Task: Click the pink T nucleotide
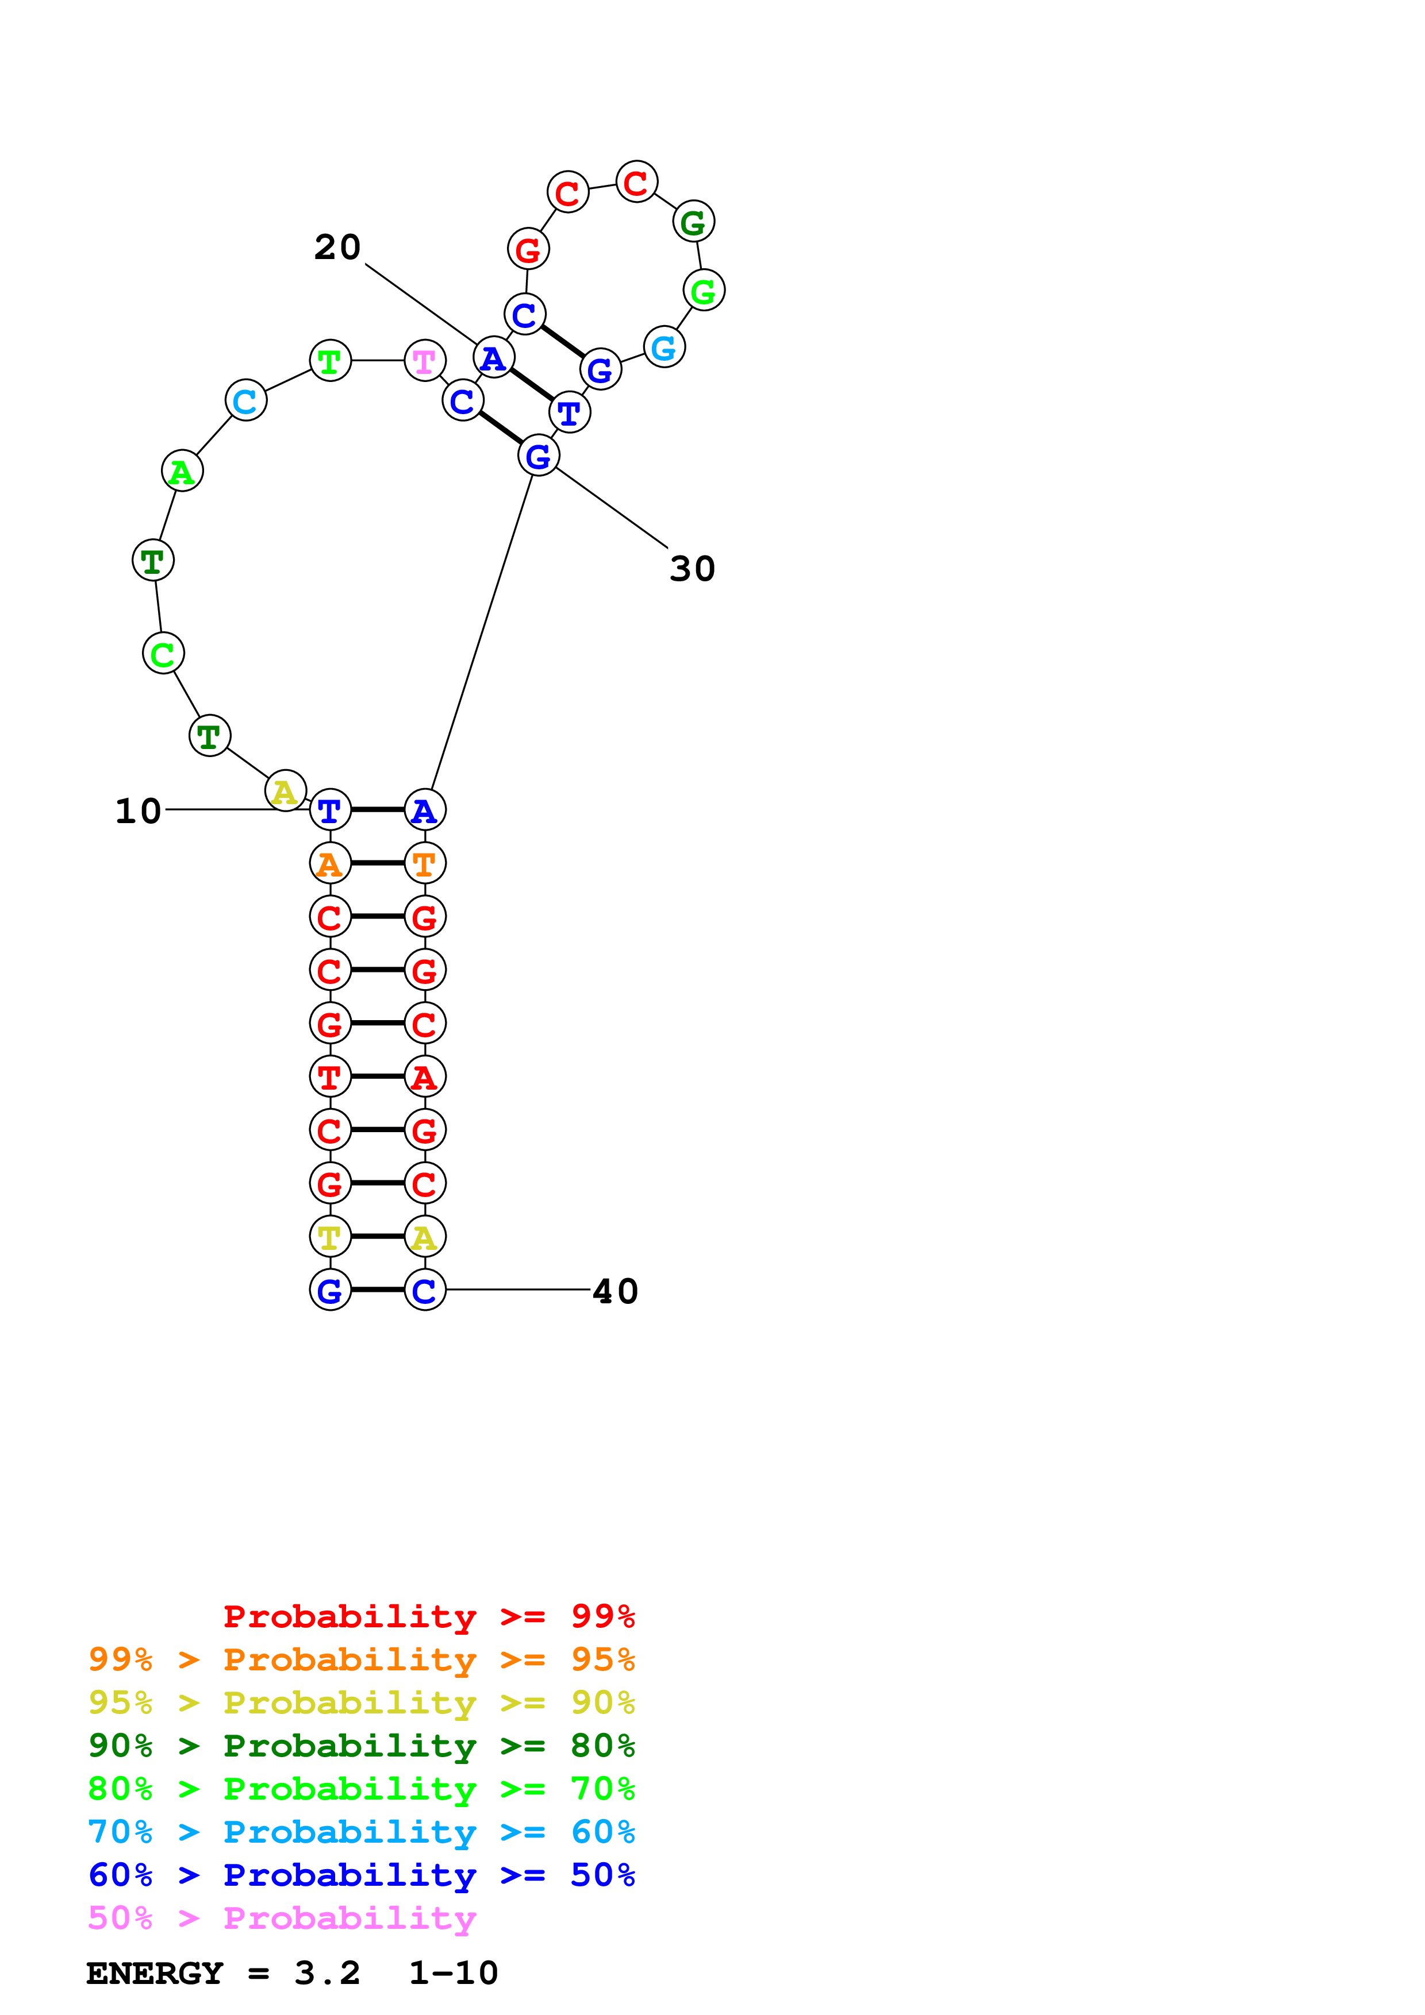coord(425,361)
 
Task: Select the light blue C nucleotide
coord(246,401)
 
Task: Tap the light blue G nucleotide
coord(664,348)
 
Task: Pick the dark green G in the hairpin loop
coord(694,222)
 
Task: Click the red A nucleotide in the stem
coord(425,1077)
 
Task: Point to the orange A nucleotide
coord(330,863)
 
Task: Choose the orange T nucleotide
coord(425,863)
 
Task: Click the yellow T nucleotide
coord(330,1237)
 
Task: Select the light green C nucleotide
coord(163,654)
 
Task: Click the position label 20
coord(338,248)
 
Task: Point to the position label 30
coord(693,569)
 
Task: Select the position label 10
coord(139,811)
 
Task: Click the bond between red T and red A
coord(378,1077)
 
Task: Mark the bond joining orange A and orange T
coord(378,863)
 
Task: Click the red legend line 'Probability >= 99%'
coord(428,1616)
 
